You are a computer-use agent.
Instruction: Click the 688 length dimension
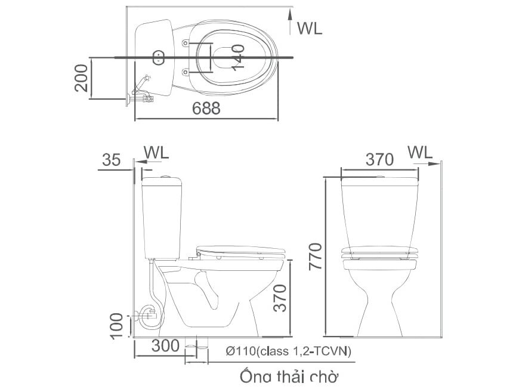[x=206, y=109]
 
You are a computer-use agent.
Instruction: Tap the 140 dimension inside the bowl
[x=237, y=57]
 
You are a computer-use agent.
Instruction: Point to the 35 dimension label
[x=112, y=160]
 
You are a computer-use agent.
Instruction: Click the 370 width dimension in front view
[x=379, y=160]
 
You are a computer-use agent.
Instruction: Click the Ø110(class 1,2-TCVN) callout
[x=289, y=351]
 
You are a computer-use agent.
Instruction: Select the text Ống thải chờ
[x=289, y=377]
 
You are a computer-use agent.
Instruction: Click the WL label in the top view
[x=309, y=28]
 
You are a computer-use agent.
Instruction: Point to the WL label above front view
[x=420, y=152]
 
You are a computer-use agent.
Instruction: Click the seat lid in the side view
[x=242, y=249]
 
